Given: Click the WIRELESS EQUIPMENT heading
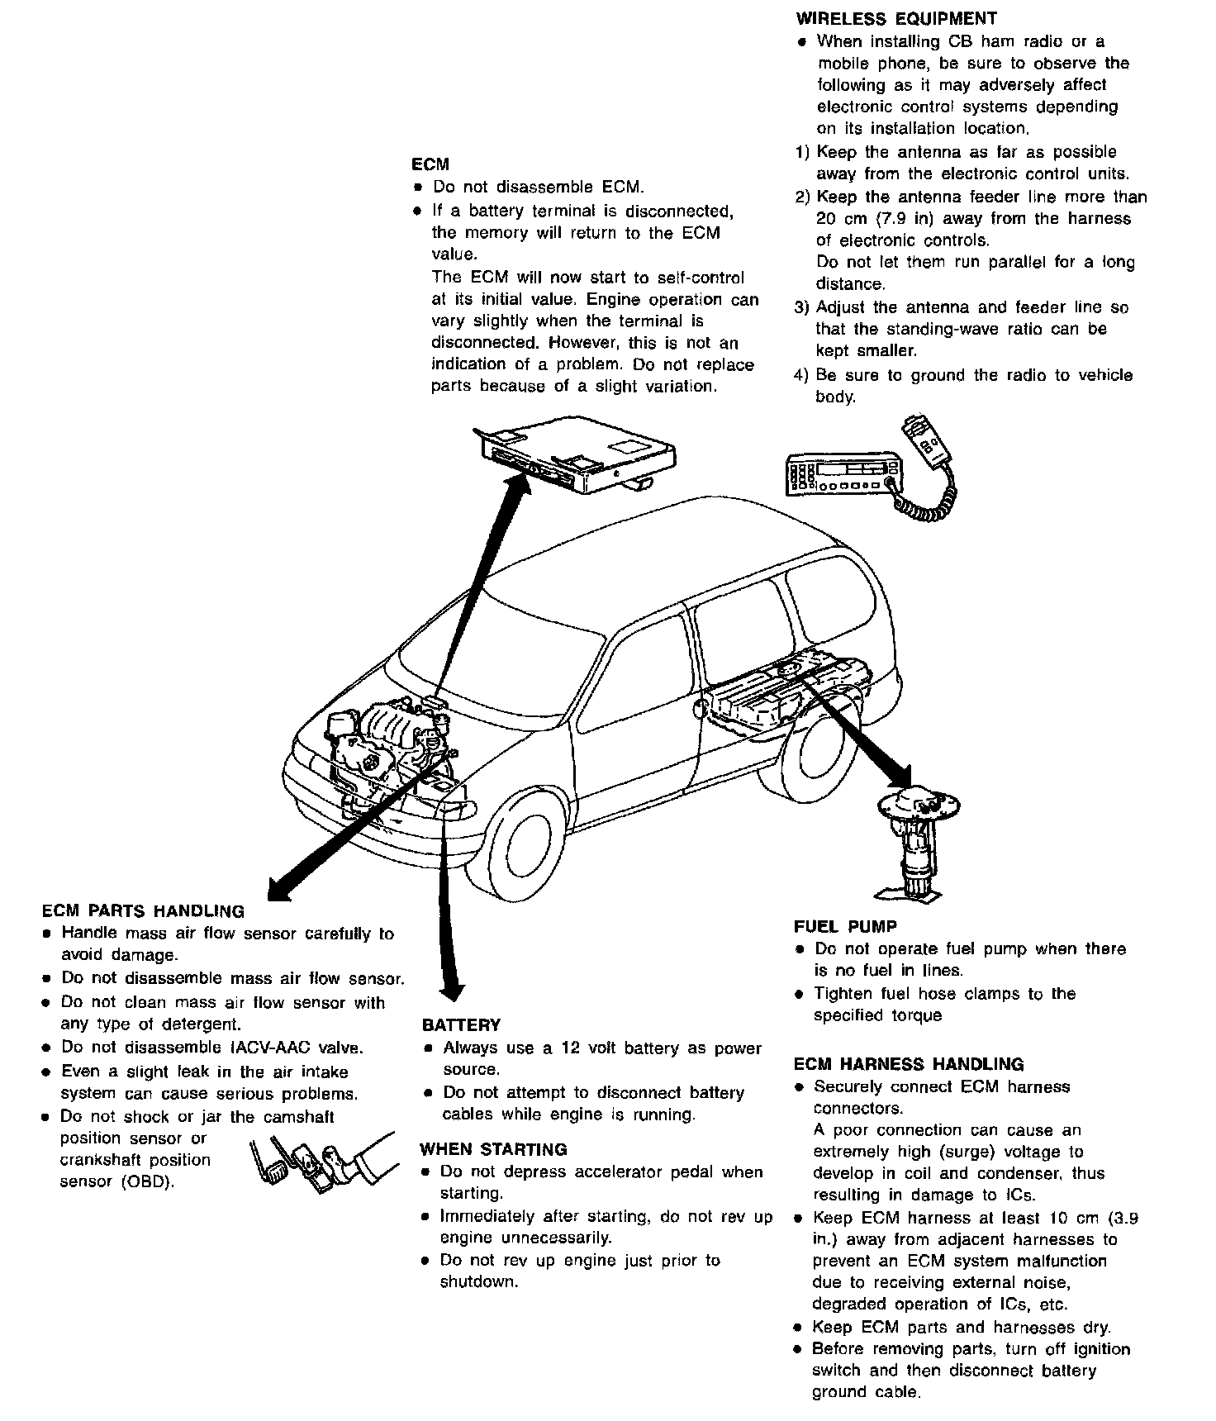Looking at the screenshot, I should (896, 18).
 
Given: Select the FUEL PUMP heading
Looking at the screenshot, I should (845, 927).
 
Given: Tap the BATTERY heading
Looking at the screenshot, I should (461, 1025).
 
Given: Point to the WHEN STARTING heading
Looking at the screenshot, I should (493, 1149).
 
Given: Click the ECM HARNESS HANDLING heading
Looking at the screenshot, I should (909, 1064).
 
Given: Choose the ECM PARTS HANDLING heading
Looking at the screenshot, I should (143, 911).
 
